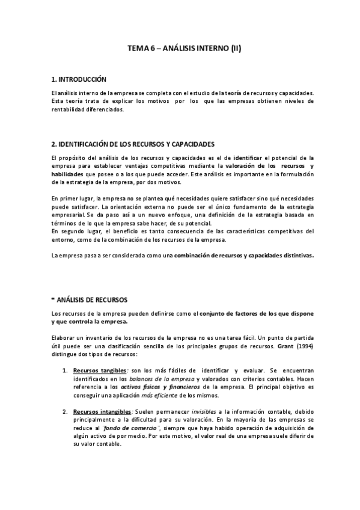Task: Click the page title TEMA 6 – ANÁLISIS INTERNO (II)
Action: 180,51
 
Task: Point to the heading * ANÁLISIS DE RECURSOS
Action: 90,299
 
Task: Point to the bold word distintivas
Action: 294,256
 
